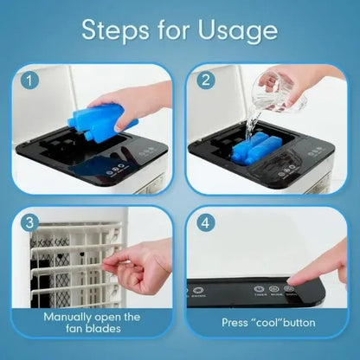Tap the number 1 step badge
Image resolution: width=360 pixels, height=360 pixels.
coord(30,81)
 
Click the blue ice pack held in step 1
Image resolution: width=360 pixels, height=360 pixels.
coord(111,112)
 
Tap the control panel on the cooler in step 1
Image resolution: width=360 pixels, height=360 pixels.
coord(107,170)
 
